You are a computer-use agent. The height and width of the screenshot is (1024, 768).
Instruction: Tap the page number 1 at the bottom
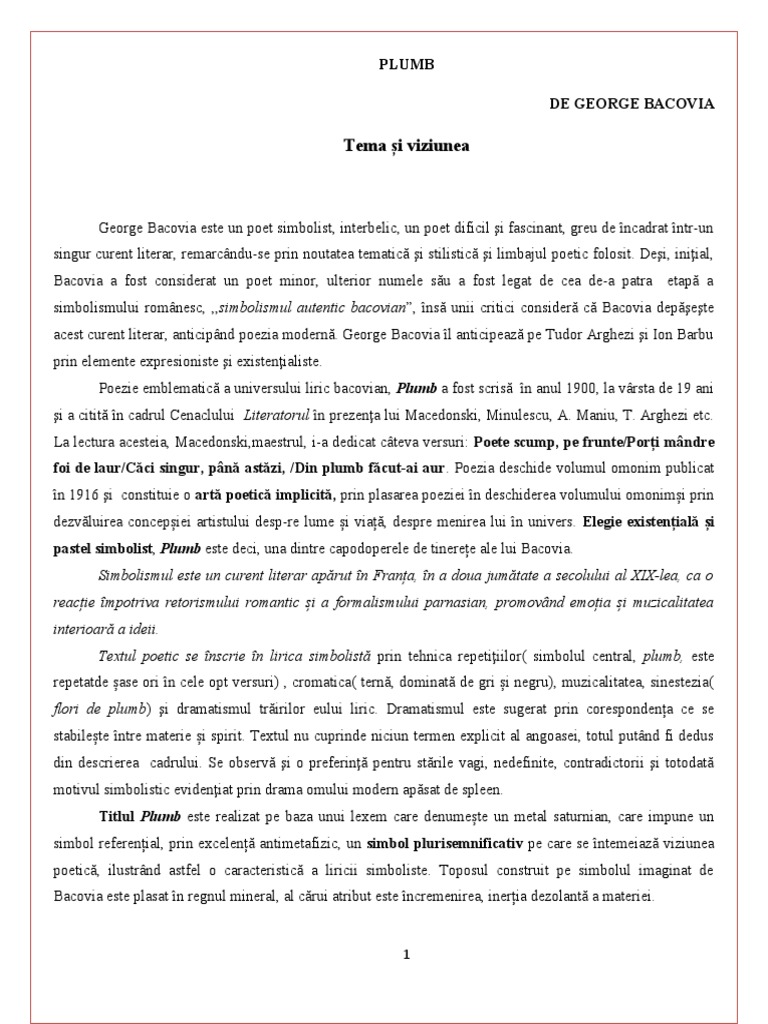click(406, 954)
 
